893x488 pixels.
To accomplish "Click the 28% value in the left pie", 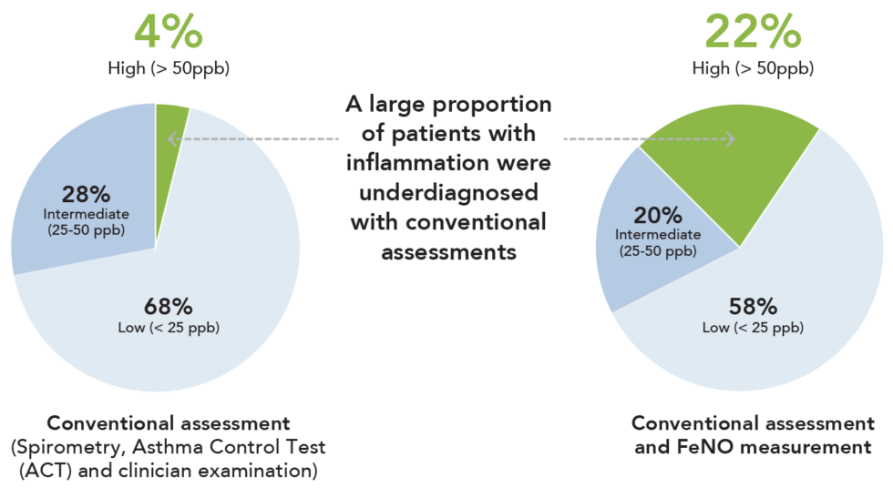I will point(86,194).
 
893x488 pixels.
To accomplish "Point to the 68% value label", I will point(168,306).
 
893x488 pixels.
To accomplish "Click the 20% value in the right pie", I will point(658,215).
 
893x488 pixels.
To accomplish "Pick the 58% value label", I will point(752,304).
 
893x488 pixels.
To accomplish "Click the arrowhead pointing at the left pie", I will point(170,139).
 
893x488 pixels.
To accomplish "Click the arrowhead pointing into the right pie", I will point(729,139).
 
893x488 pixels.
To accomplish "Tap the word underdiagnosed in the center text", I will point(447,192).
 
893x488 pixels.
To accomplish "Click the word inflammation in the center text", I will point(447,163).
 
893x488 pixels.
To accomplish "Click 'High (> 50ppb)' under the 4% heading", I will point(169,68).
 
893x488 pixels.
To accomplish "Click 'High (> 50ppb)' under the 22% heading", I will point(753,68).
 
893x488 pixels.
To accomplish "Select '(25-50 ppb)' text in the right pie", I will point(658,250).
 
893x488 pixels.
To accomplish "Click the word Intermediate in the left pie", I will point(86,214).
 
